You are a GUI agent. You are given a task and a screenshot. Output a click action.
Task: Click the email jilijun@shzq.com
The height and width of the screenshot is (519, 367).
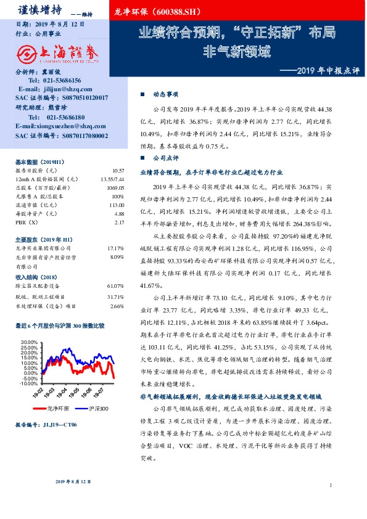60,89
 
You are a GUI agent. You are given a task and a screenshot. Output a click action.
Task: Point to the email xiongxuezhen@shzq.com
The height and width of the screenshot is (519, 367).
60,126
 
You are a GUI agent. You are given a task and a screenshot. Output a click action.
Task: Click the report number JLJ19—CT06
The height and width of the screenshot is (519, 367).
60,425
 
